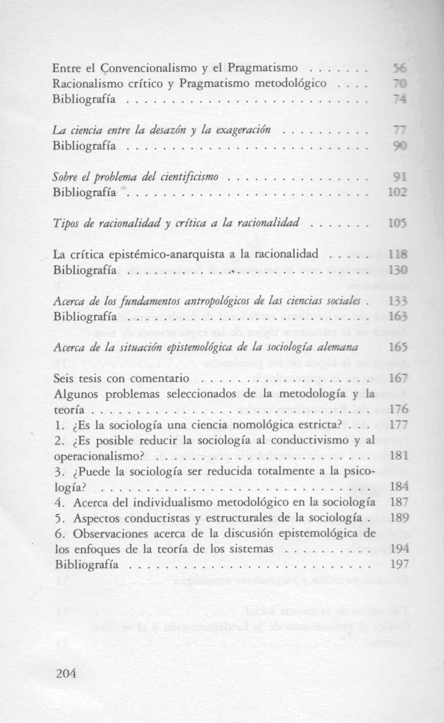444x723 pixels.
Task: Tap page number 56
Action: (399, 69)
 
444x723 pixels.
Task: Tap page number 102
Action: (397, 193)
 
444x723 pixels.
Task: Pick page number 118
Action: (398, 255)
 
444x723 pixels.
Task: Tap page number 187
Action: (399, 503)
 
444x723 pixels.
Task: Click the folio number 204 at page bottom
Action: (66, 674)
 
